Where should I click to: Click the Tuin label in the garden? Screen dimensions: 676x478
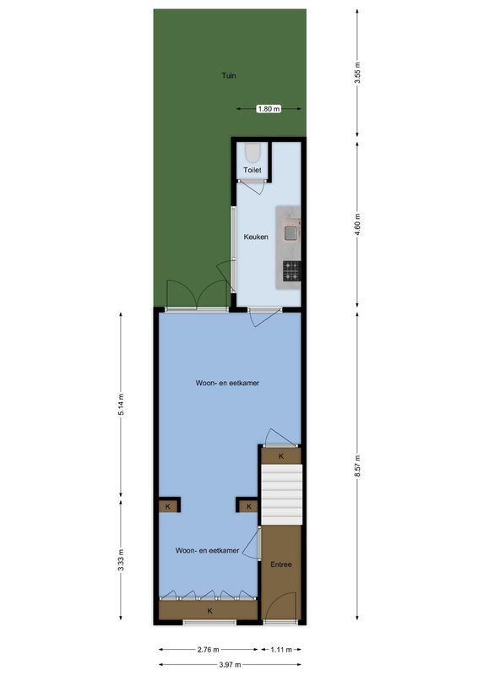click(228, 75)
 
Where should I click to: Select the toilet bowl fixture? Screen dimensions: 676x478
click(253, 153)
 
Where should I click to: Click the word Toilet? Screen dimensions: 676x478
click(253, 171)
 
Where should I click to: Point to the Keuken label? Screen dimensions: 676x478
click(256, 237)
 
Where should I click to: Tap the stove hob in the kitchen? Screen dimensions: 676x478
click(291, 270)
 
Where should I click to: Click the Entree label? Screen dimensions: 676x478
click(280, 564)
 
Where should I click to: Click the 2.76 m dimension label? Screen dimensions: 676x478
click(209, 650)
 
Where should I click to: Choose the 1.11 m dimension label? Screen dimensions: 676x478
click(281, 650)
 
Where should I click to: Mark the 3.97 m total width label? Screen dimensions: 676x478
click(229, 664)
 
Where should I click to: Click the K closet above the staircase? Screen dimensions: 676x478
click(280, 456)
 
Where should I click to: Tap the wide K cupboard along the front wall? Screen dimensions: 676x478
click(209, 609)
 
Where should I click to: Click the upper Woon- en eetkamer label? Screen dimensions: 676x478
click(226, 383)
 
